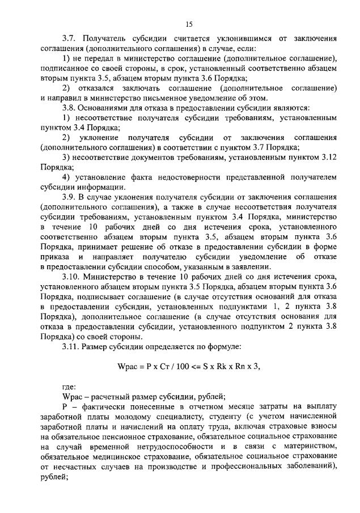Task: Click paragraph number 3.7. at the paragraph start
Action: coord(70,39)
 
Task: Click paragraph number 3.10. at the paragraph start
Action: coord(71,277)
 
